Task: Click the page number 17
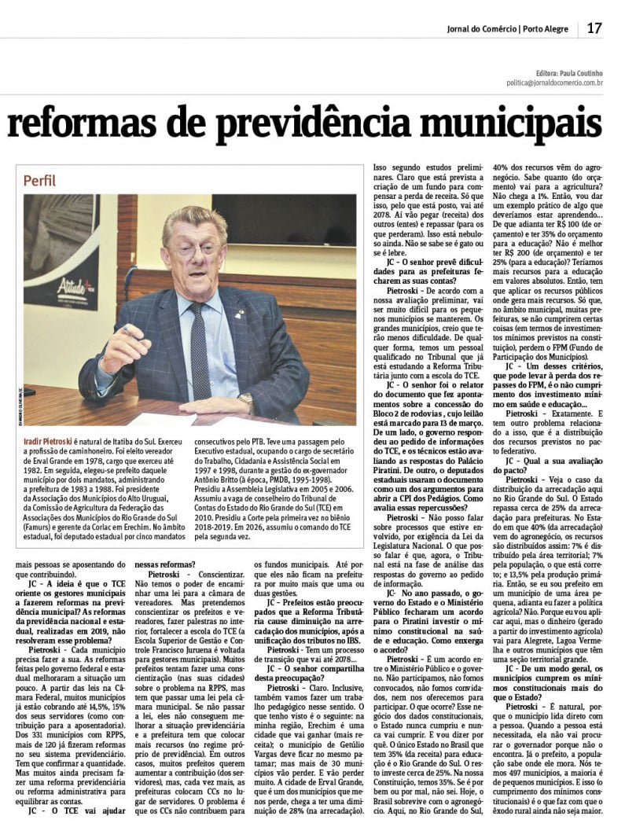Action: click(x=594, y=28)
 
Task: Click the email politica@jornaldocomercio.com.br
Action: click(x=554, y=82)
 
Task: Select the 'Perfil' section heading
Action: click(x=40, y=181)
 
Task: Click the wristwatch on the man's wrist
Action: click(x=247, y=401)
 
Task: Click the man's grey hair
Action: click(x=193, y=219)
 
